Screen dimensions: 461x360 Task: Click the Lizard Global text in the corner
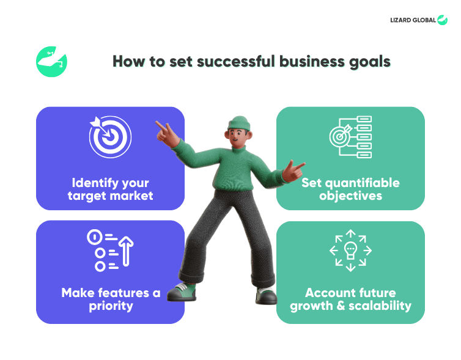pos(413,20)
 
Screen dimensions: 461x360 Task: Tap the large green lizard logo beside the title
pos(51,62)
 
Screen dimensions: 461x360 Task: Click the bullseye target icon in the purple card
pos(110,137)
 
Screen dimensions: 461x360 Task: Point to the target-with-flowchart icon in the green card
pos(350,137)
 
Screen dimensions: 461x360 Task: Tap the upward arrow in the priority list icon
pos(126,251)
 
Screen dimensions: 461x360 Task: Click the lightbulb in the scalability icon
pos(350,251)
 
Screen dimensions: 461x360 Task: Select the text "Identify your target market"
pos(110,189)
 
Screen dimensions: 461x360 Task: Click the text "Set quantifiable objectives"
pos(350,189)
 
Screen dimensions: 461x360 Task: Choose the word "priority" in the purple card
pos(111,306)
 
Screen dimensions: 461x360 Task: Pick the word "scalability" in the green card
pos(380,306)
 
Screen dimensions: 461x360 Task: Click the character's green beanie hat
pos(239,123)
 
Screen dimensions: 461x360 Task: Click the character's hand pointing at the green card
pos(293,171)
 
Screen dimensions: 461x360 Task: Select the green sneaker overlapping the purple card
pos(182,292)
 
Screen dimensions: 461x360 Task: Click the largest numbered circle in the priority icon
pos(95,237)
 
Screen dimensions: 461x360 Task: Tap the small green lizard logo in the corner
pos(442,20)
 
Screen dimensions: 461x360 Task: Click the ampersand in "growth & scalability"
pos(341,306)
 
